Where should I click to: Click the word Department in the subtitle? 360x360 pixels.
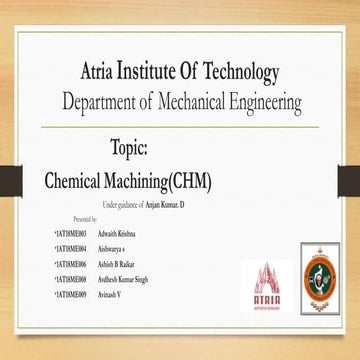(106, 102)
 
